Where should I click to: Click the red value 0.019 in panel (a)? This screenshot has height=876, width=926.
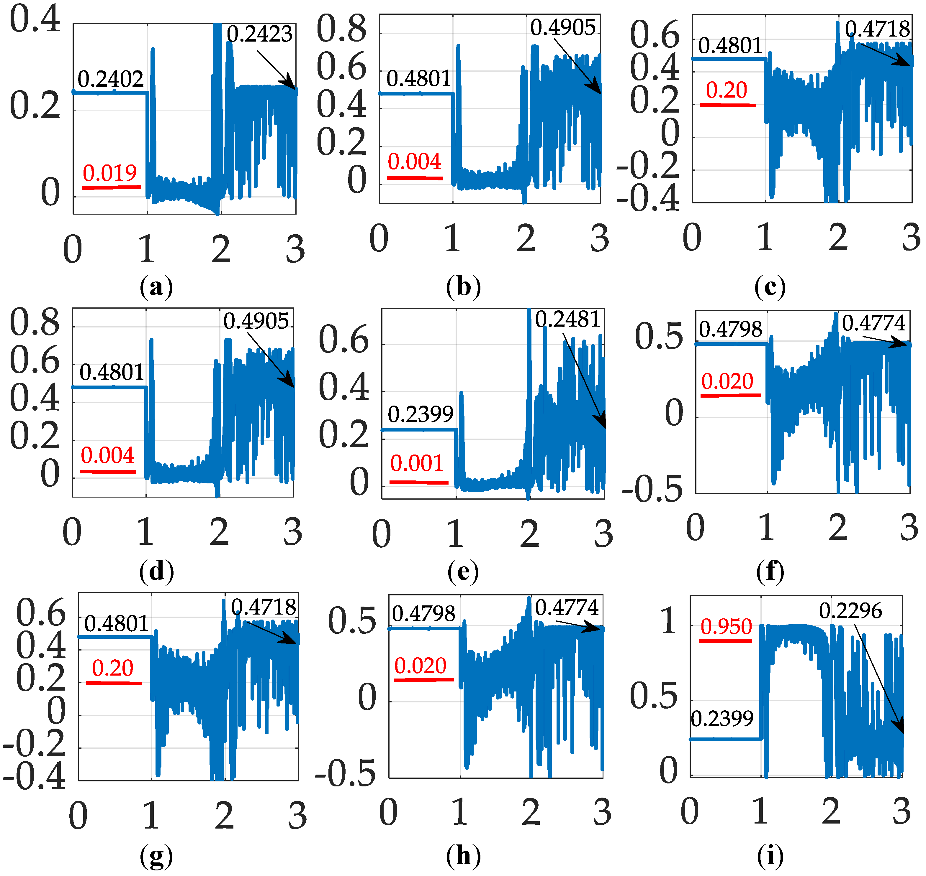click(110, 173)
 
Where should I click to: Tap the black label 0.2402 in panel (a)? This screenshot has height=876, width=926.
click(110, 79)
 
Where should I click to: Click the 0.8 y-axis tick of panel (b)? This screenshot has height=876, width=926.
click(342, 29)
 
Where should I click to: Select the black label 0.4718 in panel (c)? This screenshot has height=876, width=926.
click(877, 29)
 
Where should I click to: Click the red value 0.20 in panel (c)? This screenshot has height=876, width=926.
click(727, 90)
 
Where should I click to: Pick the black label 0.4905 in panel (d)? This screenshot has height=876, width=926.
click(256, 321)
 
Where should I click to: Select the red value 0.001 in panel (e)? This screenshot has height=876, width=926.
click(416, 463)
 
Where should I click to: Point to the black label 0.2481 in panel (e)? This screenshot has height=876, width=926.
click(567, 320)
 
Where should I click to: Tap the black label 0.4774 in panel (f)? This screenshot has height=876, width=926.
click(874, 323)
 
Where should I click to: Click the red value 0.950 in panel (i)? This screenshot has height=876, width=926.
click(726, 627)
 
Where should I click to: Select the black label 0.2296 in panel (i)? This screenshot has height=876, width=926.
click(850, 611)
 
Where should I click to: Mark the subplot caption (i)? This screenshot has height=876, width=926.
click(770, 856)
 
